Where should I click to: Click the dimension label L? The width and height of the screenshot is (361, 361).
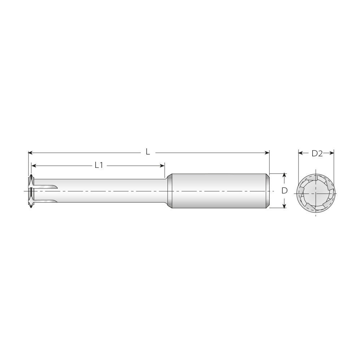point(148,152)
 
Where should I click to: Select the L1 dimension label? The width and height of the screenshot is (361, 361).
point(99,165)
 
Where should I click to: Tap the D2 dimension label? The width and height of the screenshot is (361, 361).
point(317,153)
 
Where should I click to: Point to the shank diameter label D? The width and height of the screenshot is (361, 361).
point(284,191)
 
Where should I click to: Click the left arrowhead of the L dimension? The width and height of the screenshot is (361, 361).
point(30,153)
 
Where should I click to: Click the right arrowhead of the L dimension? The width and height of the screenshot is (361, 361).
point(268,153)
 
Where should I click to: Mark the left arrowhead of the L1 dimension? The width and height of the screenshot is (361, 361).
point(34,166)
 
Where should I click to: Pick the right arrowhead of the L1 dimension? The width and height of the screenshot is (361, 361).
point(162,166)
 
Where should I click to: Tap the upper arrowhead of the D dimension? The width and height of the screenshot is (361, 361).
point(284,175)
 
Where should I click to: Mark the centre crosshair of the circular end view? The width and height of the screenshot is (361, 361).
point(316,194)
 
